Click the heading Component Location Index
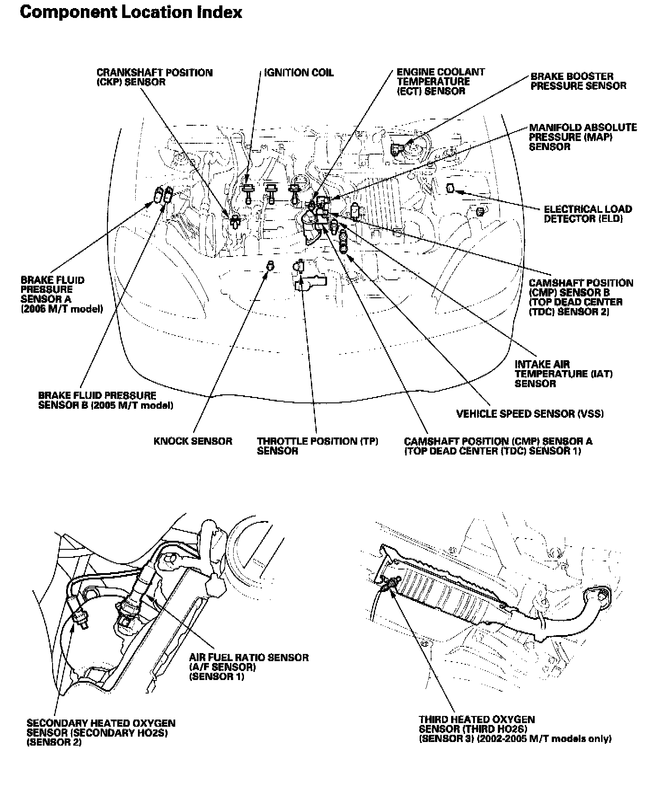pyautogui.click(x=131, y=12)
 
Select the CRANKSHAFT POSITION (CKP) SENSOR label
pyautogui.click(x=155, y=77)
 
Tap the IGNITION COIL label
pyautogui.click(x=299, y=73)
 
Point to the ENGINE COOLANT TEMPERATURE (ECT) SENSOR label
pyautogui.click(x=441, y=81)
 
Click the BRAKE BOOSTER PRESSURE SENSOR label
pyautogui.click(x=578, y=81)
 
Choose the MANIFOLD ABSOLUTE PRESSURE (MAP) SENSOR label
pyautogui.click(x=583, y=137)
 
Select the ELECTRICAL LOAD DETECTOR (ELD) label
pyautogui.click(x=588, y=214)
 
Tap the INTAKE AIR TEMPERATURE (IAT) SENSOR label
pyautogui.click(x=563, y=374)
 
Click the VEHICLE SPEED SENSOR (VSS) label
pyautogui.click(x=530, y=414)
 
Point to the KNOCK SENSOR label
pyautogui.click(x=193, y=441)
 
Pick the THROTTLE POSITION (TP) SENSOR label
pyautogui.click(x=317, y=446)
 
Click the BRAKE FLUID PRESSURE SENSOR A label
pyautogui.click(x=62, y=294)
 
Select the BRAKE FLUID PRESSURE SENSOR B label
pyautogui.click(x=106, y=400)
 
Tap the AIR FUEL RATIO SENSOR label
pyautogui.click(x=249, y=667)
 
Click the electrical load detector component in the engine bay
pyautogui.click(x=451, y=188)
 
